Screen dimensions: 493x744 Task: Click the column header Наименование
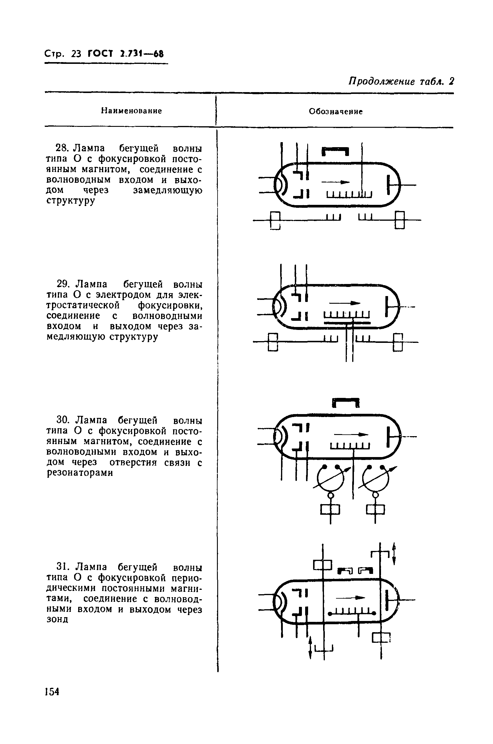[131, 111]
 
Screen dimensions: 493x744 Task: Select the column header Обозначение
[335, 112]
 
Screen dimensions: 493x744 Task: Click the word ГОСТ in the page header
[100, 54]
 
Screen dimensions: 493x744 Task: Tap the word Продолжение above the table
[381, 82]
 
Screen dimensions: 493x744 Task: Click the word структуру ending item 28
[71, 201]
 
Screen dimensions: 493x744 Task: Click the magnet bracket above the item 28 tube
[335, 151]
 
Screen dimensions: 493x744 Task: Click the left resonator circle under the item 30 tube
[330, 479]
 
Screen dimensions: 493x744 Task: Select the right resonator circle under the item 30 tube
[375, 479]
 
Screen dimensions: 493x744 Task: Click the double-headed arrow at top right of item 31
[394, 554]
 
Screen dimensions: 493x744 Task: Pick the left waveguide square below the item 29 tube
[273, 342]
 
